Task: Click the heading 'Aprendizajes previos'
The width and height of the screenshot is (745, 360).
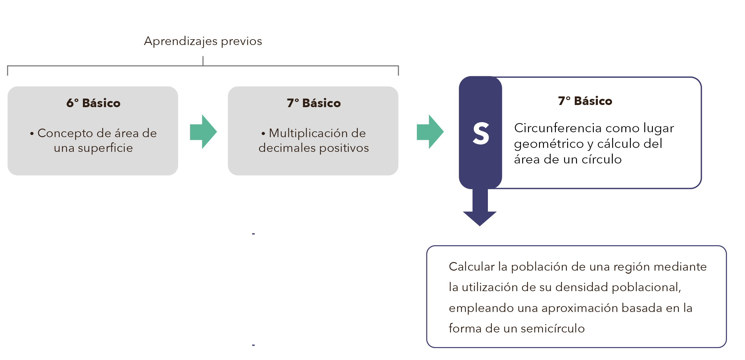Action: pyautogui.click(x=203, y=41)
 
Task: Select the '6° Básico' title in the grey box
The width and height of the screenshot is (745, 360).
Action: pyautogui.click(x=93, y=103)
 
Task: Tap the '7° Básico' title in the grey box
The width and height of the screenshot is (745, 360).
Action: pyautogui.click(x=314, y=103)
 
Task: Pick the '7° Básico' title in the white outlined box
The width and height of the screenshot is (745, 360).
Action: pyautogui.click(x=585, y=101)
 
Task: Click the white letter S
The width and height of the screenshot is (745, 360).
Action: pyautogui.click(x=481, y=133)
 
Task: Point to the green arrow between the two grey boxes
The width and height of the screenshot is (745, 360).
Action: pyautogui.click(x=204, y=132)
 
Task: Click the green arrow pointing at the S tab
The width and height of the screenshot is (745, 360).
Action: pyautogui.click(x=430, y=132)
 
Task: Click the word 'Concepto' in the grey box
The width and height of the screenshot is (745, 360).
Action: pyautogui.click(x=65, y=133)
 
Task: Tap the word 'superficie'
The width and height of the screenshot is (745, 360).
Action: pyautogui.click(x=105, y=148)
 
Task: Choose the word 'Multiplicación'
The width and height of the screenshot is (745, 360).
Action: pyautogui.click(x=309, y=133)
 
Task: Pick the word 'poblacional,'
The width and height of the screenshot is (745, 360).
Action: pyautogui.click(x=646, y=287)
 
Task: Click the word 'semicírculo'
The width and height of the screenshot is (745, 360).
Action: pyautogui.click(x=553, y=328)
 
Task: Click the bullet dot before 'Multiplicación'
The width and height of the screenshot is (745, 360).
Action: pyautogui.click(x=263, y=133)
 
